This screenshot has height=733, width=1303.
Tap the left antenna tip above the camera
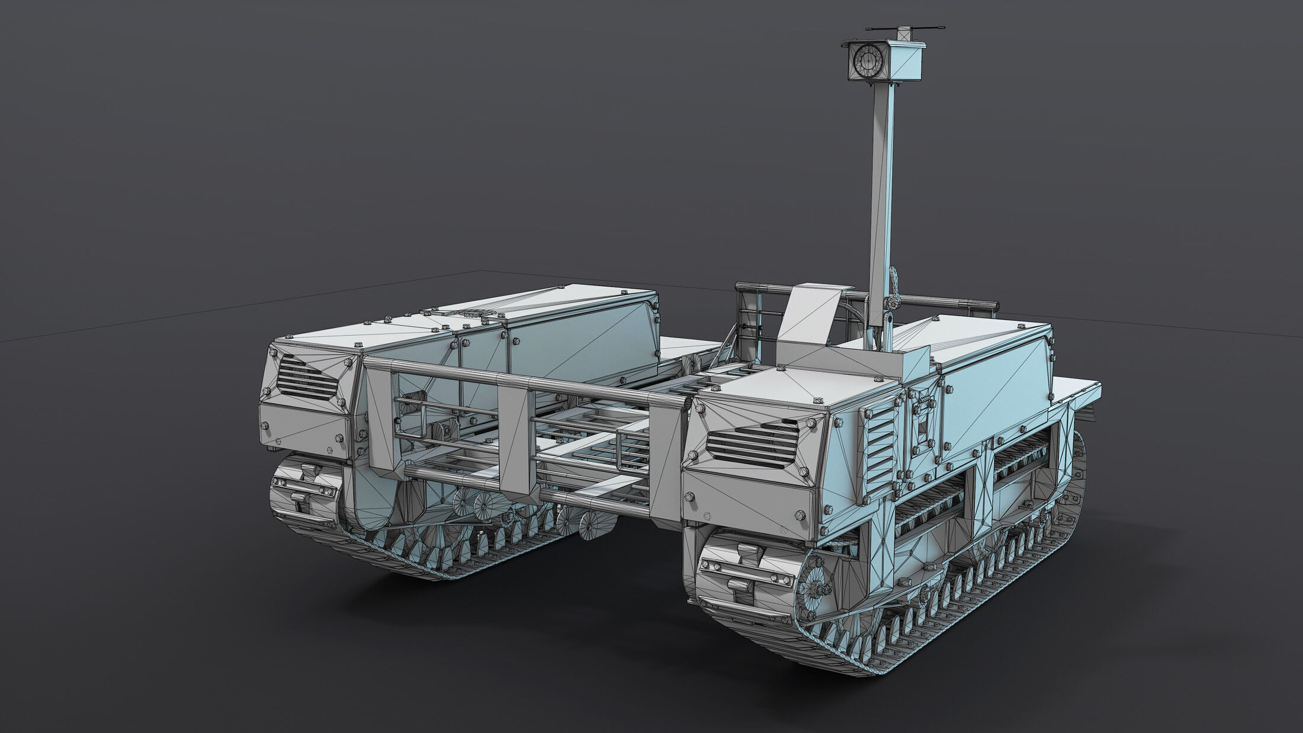coord(868,28)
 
